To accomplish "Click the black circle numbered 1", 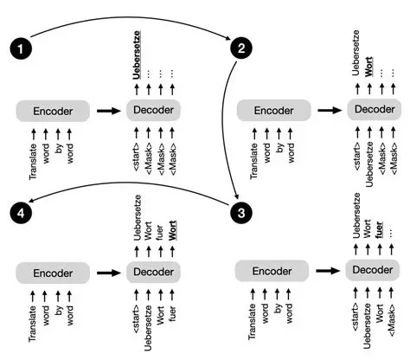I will [x=18, y=43].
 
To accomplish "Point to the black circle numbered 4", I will [x=18, y=210].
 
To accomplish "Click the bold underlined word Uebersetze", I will [x=137, y=54].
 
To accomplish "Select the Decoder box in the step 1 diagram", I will [x=154, y=111].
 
